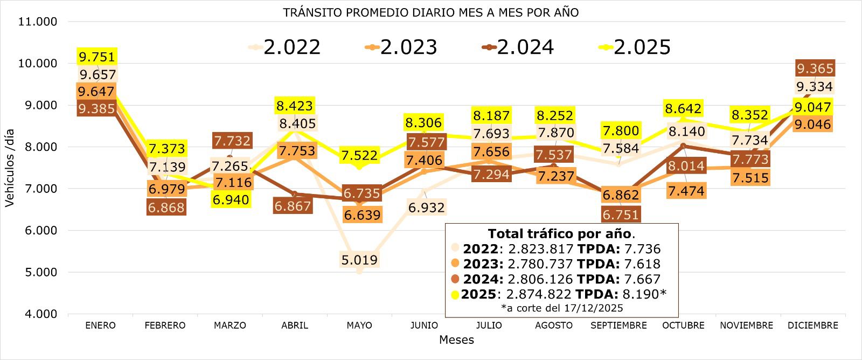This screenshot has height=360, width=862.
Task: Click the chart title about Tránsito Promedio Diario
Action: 430,12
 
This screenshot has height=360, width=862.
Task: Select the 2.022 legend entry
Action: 291,47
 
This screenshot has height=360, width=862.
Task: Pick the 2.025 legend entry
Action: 641,47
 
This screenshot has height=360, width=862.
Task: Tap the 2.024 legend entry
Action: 524,47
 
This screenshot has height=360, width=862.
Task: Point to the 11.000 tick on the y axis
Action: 37,22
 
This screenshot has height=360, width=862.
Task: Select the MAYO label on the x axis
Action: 359,326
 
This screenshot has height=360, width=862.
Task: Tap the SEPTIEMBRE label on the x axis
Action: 618,326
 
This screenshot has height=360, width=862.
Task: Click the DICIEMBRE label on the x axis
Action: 813,326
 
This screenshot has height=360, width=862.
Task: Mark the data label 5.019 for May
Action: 359,260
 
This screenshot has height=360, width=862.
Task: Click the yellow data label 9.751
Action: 97,57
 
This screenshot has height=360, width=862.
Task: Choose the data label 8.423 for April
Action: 295,106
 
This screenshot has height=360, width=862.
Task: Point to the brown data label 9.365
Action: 815,68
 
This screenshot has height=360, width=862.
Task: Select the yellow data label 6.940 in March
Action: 231,200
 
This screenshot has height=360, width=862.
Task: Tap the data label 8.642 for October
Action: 683,108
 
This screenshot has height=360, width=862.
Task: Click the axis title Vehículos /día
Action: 10,168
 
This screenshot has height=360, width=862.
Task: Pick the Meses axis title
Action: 456,340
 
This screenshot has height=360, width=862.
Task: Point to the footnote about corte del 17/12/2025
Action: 561,308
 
